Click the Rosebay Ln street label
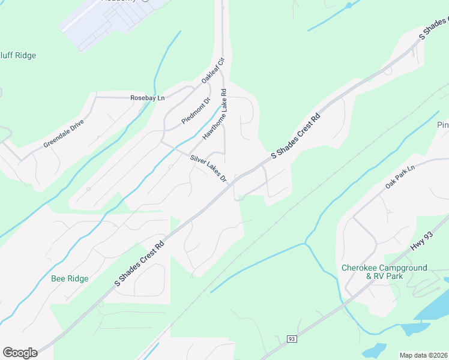pyautogui.click(x=147, y=98)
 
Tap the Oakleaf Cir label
pyautogui.click(x=212, y=70)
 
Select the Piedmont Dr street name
pyautogui.click(x=196, y=112)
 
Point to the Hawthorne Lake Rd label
pyautogui.click(x=215, y=115)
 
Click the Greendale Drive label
pyautogui.click(x=64, y=134)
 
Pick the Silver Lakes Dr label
pyautogui.click(x=208, y=169)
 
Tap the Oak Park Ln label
pyautogui.click(x=400, y=178)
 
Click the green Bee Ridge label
pyautogui.click(x=70, y=278)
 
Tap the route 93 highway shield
pyautogui.click(x=291, y=339)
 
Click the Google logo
pyautogui.click(x=20, y=353)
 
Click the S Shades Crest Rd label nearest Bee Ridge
pyautogui.click(x=139, y=264)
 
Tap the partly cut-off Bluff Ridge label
pyautogui.click(x=18, y=55)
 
